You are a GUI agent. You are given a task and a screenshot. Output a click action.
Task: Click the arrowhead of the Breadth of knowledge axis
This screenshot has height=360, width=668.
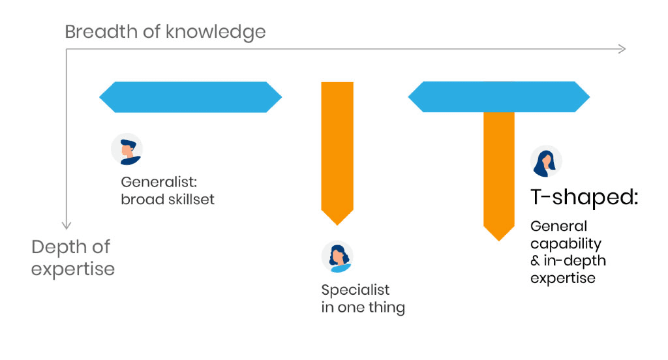(x=622, y=49)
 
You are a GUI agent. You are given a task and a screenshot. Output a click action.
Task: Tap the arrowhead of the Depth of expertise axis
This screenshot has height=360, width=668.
(x=66, y=226)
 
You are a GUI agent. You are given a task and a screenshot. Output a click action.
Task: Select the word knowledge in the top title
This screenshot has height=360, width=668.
(x=215, y=33)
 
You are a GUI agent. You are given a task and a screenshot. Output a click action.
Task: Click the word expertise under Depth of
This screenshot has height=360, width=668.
(x=73, y=269)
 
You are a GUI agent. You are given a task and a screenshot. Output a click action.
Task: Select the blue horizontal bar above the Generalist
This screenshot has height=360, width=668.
(x=190, y=97)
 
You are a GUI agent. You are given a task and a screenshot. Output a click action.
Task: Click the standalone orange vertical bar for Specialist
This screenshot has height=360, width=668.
(x=337, y=153)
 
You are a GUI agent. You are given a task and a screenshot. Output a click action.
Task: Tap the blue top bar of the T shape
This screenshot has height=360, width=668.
(x=499, y=97)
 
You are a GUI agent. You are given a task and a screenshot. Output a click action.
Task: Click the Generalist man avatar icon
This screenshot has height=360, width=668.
(x=127, y=149)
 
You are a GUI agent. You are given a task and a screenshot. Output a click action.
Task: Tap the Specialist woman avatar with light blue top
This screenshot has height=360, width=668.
(x=337, y=257)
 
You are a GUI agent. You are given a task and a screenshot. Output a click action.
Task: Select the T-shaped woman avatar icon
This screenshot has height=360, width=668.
(x=546, y=162)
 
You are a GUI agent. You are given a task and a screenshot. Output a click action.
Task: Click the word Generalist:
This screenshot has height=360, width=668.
(x=159, y=182)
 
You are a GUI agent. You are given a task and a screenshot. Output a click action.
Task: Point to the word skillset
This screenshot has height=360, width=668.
(x=191, y=200)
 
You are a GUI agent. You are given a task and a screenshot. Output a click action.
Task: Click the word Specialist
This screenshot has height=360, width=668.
(x=356, y=290)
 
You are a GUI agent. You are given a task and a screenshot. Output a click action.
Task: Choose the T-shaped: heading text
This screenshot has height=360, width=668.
(x=584, y=197)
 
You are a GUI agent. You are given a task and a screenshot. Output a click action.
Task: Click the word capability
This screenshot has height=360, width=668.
(x=566, y=244)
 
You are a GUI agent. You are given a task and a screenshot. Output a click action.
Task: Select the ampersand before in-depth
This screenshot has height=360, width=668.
(x=535, y=261)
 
